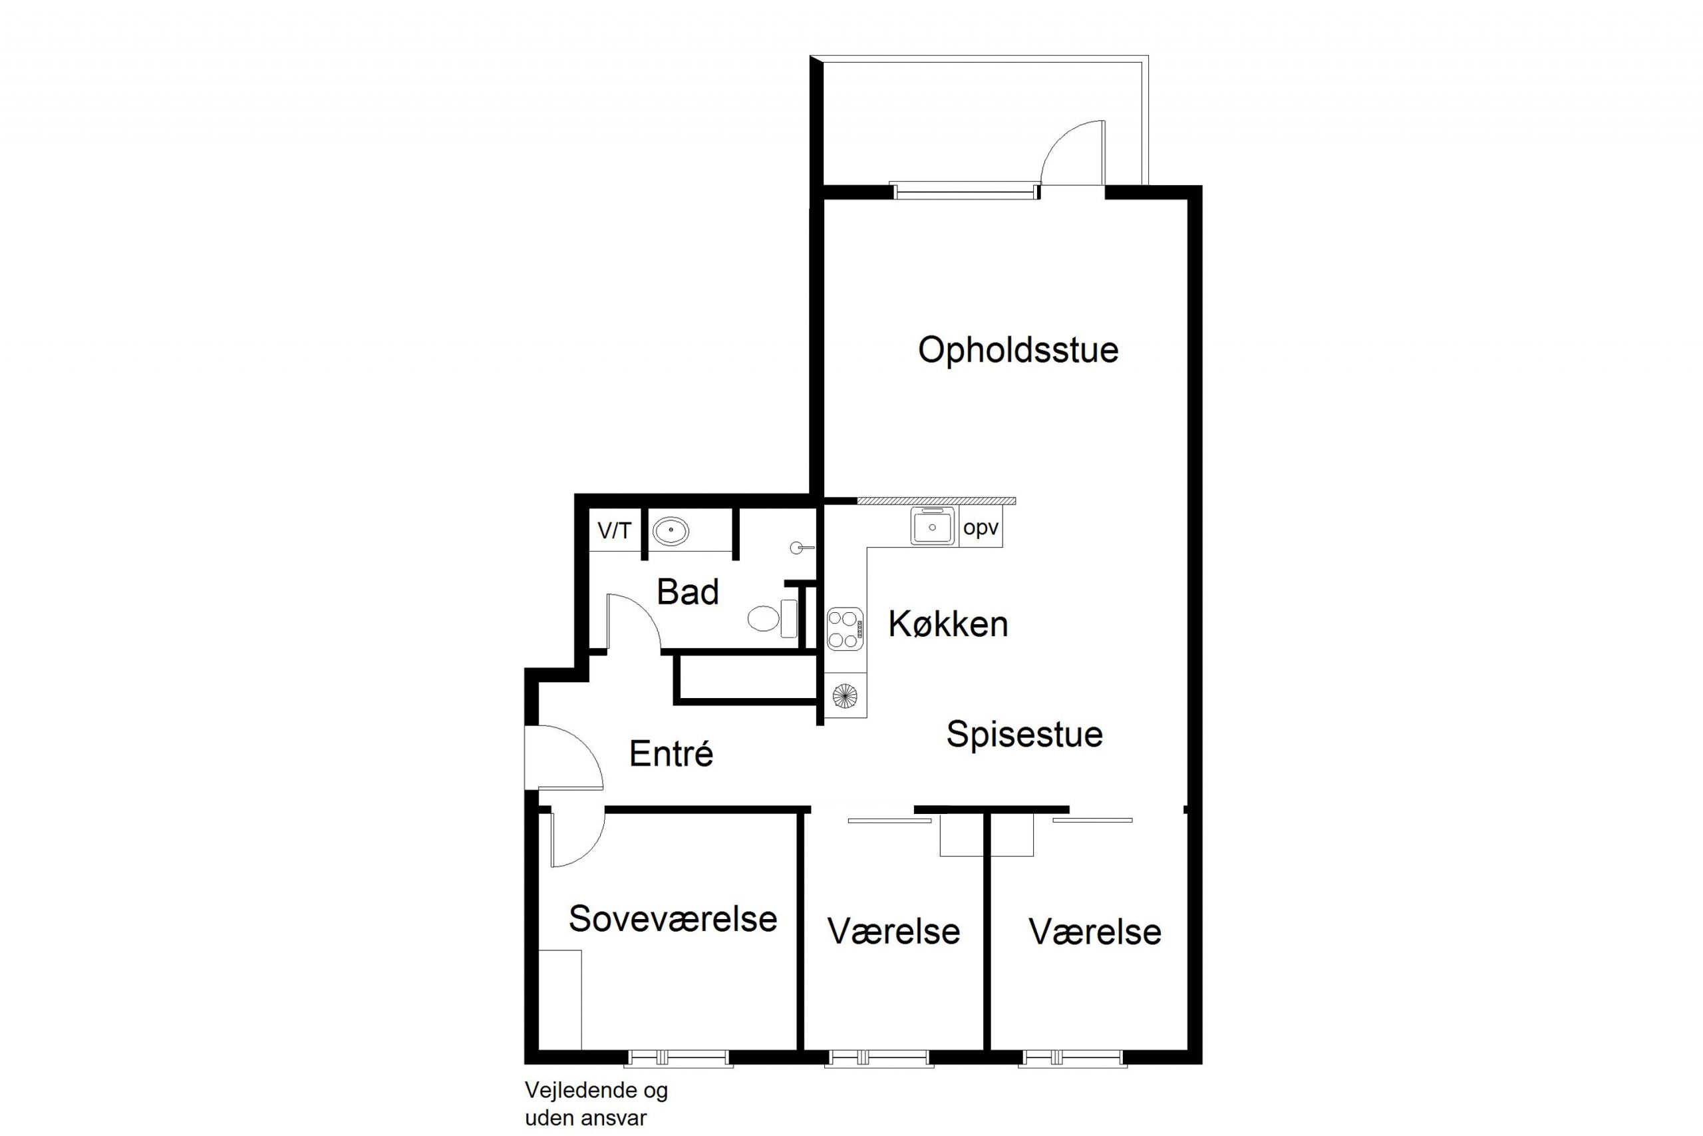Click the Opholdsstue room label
[x=1018, y=351]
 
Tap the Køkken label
[x=948, y=624]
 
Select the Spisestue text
[x=1024, y=735]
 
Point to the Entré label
[x=671, y=753]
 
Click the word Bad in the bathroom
[x=687, y=592]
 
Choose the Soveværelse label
[x=673, y=918]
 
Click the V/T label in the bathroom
[x=614, y=531]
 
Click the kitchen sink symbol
[x=933, y=526]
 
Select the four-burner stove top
[x=845, y=629]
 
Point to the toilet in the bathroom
[x=772, y=619]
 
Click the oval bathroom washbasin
[x=671, y=531]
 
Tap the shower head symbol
[x=802, y=548]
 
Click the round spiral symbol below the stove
[x=844, y=696]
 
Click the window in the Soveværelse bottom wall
[x=679, y=1059]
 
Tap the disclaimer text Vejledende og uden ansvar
[x=596, y=1104]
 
